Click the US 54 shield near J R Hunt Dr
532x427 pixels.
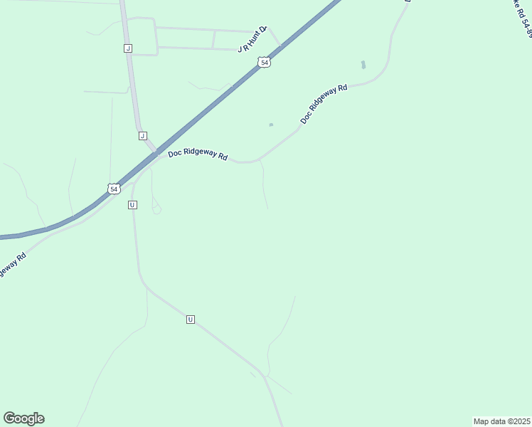tap(265, 63)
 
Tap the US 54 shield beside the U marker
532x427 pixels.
tap(114, 189)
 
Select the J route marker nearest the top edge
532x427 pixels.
tap(127, 48)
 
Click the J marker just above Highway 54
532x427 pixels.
tap(142, 135)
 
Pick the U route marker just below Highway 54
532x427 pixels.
tap(132, 205)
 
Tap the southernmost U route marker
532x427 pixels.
tap(190, 320)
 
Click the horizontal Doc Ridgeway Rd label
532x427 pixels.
tap(198, 154)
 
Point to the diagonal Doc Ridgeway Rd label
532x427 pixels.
tap(324, 105)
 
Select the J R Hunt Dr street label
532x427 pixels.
tap(252, 40)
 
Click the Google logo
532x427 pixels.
tap(23, 418)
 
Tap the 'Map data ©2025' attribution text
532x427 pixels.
tap(501, 421)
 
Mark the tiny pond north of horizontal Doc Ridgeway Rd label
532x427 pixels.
tap(271, 125)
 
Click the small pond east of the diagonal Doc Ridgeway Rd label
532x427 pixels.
tap(363, 65)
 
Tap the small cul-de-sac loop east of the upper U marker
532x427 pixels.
tap(156, 209)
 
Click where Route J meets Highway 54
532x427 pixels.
tap(154, 153)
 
